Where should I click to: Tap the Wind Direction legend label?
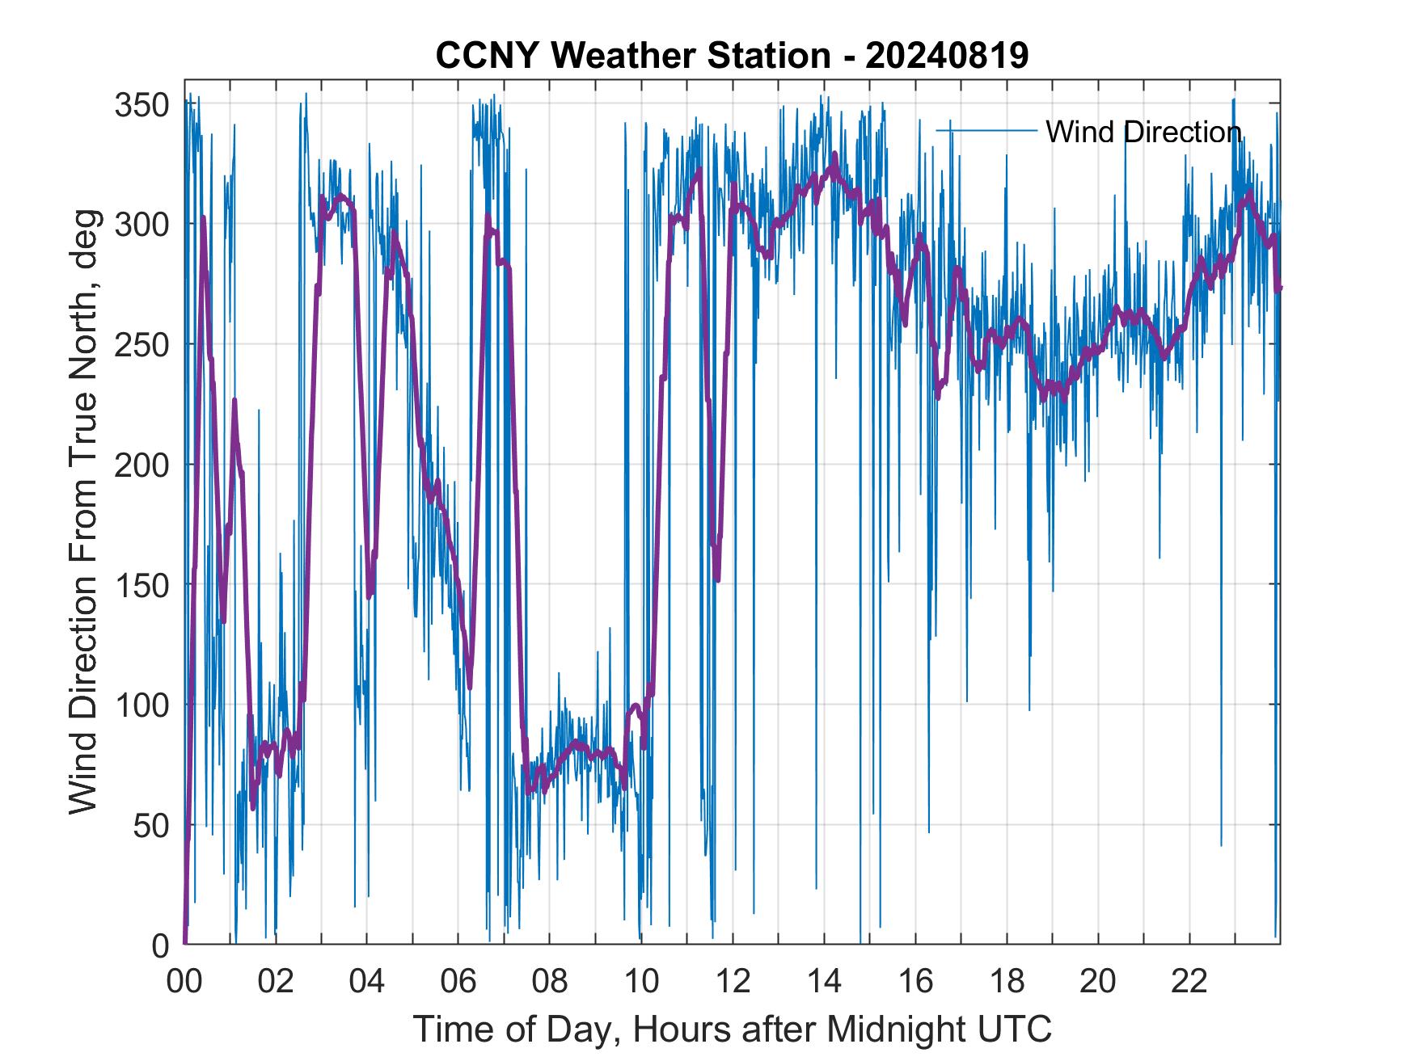1143,132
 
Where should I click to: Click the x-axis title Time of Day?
732,1029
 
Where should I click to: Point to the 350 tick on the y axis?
141,105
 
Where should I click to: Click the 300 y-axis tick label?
141,225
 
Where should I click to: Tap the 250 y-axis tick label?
141,345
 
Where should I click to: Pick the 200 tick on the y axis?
141,465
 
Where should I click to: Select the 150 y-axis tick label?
141,585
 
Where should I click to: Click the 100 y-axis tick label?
141,705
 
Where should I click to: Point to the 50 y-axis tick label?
151,825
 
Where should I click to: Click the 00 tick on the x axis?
184,981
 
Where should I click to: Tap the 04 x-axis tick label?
367,981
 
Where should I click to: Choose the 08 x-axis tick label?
550,981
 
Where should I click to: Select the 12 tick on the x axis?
733,981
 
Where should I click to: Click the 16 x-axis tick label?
915,981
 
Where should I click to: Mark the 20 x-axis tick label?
1098,981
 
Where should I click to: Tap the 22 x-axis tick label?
1189,981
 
